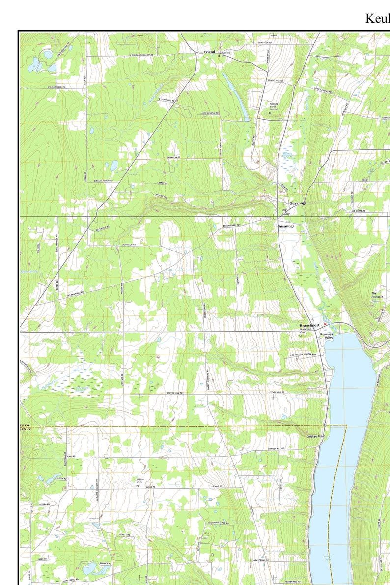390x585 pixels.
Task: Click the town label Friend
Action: pos(209,52)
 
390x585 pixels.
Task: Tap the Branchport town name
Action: pos(309,325)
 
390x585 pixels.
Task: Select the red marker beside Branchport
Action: pos(325,324)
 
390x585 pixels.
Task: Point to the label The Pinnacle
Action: pos(377,295)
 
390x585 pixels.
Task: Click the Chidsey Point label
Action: pos(315,436)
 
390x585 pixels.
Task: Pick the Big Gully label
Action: pos(286,212)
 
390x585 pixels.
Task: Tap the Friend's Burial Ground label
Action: pos(274,106)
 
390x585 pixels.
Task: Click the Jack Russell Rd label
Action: pos(196,113)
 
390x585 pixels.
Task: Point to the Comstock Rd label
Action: pos(265,43)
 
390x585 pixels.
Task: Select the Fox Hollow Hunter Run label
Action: pos(303,354)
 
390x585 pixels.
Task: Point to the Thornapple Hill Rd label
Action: pos(219,523)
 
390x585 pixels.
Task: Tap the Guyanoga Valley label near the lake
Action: pos(327,336)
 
